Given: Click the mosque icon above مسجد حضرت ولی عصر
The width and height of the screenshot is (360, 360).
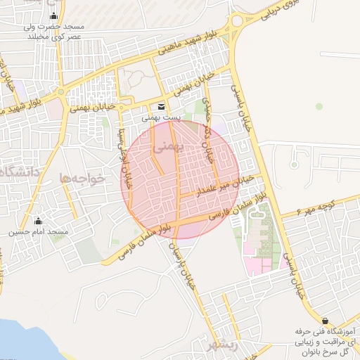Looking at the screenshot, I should [53, 17].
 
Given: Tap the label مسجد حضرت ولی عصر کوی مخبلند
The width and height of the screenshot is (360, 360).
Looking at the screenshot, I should [53, 31].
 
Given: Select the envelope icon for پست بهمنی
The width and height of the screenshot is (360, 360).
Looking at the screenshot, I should [162, 107].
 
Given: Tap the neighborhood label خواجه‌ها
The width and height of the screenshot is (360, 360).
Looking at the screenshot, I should [82, 178].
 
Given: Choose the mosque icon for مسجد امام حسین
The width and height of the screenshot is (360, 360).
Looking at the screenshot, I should [39, 221].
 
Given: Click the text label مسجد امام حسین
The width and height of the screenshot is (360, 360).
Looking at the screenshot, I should [39, 232].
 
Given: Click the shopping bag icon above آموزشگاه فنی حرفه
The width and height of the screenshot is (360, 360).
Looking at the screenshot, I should [325, 320].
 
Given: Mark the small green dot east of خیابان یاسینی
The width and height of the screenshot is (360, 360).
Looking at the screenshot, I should [319, 107].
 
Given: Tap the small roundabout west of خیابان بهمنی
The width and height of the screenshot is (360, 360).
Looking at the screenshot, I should [63, 91].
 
